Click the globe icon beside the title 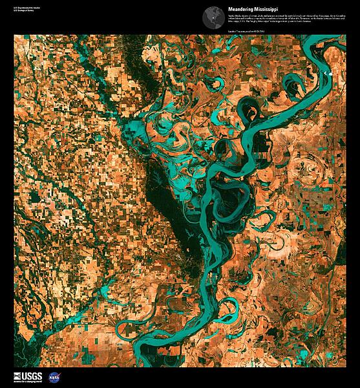pos(211,16)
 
